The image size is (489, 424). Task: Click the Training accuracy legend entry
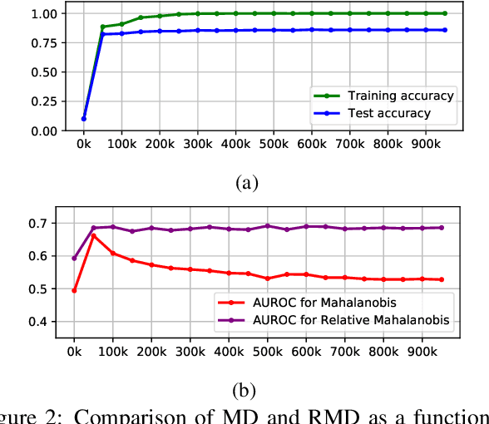pyautogui.click(x=400, y=96)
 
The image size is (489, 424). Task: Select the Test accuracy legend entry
pyautogui.click(x=388, y=113)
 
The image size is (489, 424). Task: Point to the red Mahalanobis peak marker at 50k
pyautogui.click(x=93, y=235)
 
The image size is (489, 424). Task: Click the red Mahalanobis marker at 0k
pyautogui.click(x=74, y=291)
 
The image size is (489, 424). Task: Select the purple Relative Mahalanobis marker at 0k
pyautogui.click(x=74, y=258)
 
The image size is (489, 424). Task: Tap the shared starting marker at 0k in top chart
pyautogui.click(x=83, y=118)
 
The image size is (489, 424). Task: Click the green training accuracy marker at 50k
pyautogui.click(x=103, y=27)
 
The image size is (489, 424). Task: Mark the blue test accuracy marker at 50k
pyautogui.click(x=103, y=34)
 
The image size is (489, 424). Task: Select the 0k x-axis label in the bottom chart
pyautogui.click(x=74, y=352)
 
